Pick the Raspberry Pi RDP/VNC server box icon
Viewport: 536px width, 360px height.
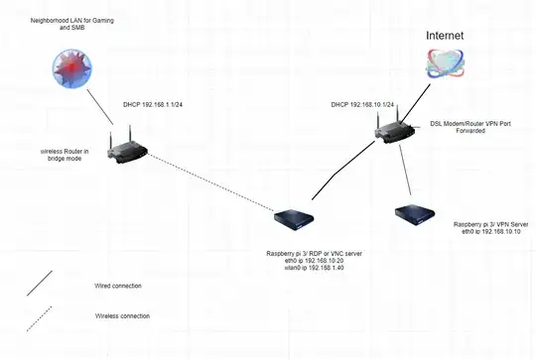(296, 218)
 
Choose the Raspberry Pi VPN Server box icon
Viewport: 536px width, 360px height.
(412, 213)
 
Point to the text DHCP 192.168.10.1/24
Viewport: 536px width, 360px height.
(365, 103)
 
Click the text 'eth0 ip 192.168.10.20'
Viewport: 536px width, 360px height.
(297, 262)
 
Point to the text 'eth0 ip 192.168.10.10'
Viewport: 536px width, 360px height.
(490, 233)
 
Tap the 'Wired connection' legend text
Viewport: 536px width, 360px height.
(117, 286)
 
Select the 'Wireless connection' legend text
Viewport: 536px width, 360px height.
(122, 315)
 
